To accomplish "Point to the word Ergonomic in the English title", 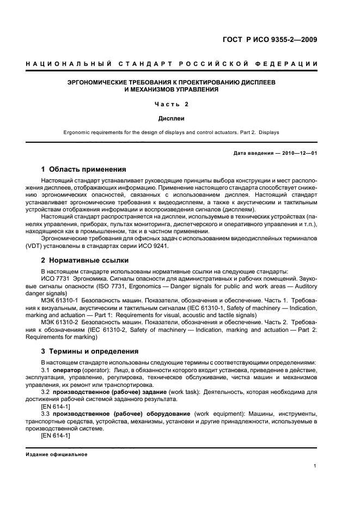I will point(78,131).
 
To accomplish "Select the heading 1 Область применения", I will point(83,169).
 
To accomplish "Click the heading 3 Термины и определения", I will point(90,351).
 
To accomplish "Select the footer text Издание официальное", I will point(57,454).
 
